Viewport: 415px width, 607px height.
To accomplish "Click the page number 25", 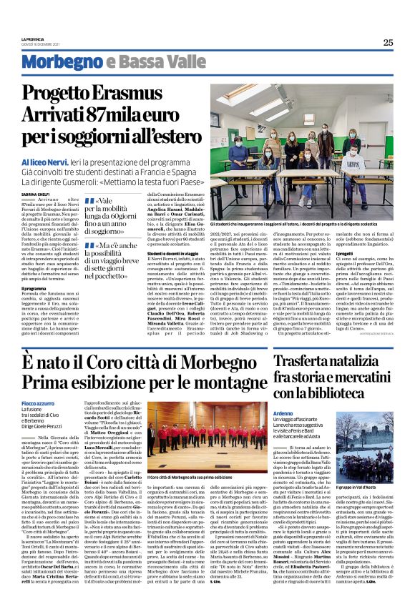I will pos(388,42).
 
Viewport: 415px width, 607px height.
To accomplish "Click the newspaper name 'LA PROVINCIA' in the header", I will pos(33,39).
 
